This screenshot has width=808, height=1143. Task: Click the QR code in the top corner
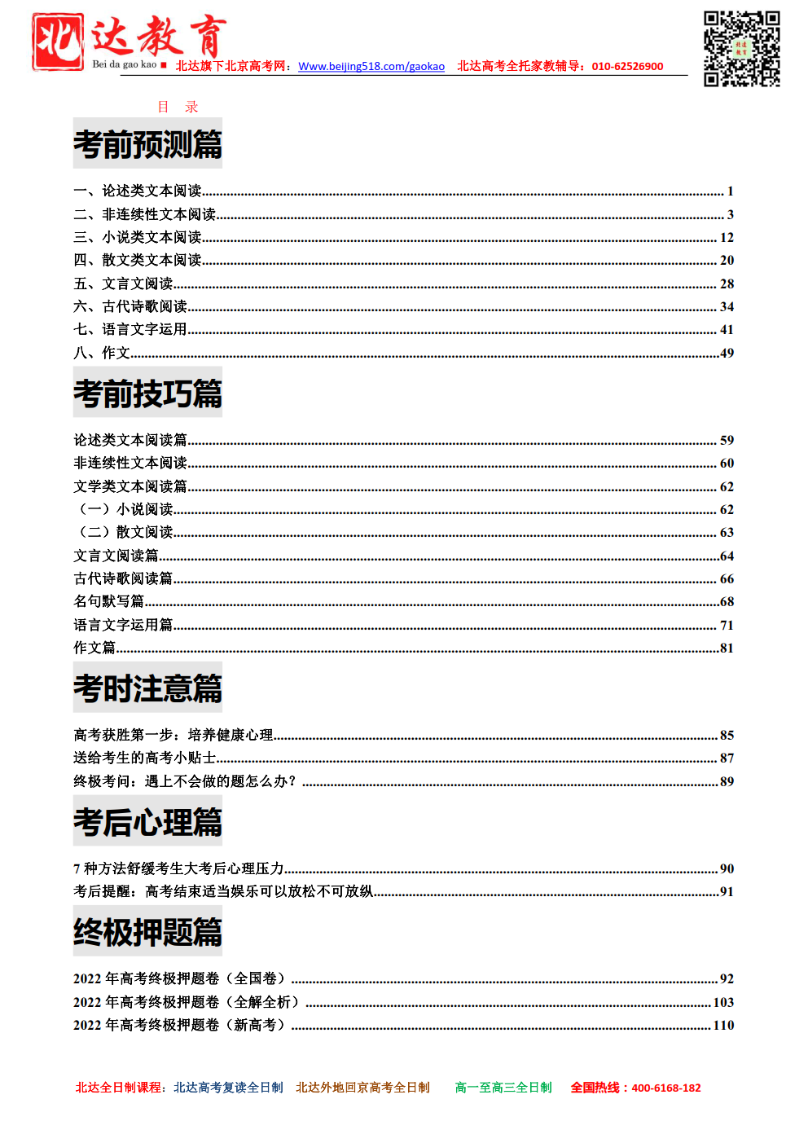pyautogui.click(x=741, y=49)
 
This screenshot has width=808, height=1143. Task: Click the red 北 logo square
pyautogui.click(x=58, y=42)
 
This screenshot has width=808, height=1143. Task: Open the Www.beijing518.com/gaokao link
pyautogui.click(x=371, y=66)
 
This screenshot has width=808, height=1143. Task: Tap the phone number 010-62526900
pyautogui.click(x=627, y=66)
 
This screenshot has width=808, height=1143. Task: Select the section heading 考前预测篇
pyautogui.click(x=147, y=144)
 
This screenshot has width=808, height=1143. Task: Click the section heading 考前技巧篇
pyautogui.click(x=147, y=393)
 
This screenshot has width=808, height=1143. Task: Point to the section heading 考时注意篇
pyautogui.click(x=147, y=688)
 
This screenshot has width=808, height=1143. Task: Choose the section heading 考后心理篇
pyautogui.click(x=147, y=822)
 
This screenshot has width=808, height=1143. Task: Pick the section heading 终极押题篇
pyautogui.click(x=147, y=932)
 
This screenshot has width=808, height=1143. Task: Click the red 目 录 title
pyautogui.click(x=178, y=107)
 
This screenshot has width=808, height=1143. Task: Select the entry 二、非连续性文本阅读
pyautogui.click(x=144, y=214)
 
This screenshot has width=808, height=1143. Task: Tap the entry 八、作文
pyautogui.click(x=102, y=353)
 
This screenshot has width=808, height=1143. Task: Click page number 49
pyautogui.click(x=727, y=353)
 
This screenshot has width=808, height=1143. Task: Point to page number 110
pyautogui.click(x=723, y=1025)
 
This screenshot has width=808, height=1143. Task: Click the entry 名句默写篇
pyautogui.click(x=108, y=601)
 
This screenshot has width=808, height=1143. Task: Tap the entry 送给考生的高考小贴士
pyautogui.click(x=144, y=758)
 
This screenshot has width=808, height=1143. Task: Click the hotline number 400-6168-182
pyautogui.click(x=665, y=1088)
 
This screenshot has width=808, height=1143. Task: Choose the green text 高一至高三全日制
pyautogui.click(x=503, y=1088)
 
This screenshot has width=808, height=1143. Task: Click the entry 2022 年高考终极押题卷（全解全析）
pyautogui.click(x=187, y=1002)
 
